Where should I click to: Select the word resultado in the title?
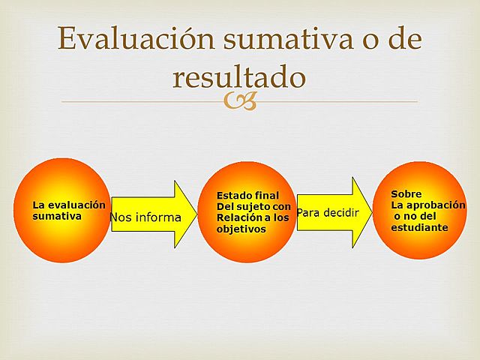[238, 76]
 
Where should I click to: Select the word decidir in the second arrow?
[341, 213]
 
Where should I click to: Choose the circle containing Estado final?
[246, 212]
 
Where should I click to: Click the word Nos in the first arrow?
[121, 217]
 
